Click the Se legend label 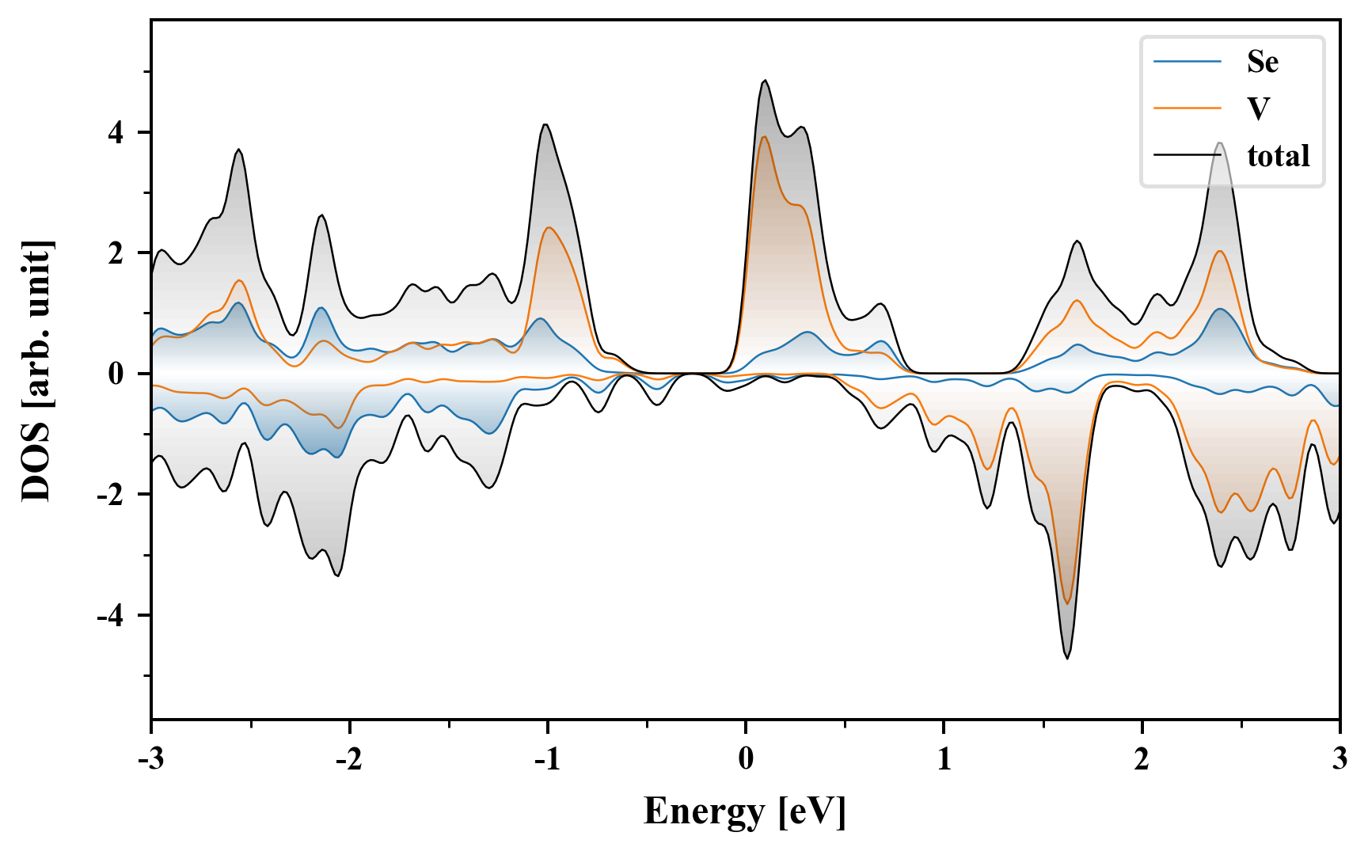pos(1262,62)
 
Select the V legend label pos(1258,108)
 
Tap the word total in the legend pos(1279,155)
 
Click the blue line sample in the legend pos(1187,62)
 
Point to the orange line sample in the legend pos(1187,108)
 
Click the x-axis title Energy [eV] pos(745,811)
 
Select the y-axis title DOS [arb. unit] pos(36,370)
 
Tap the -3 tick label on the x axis pos(150,758)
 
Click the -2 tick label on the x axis pos(348,758)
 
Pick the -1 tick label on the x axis pos(546,758)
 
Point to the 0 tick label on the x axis pos(746,758)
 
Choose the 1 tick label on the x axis pos(944,758)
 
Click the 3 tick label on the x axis pos(1339,758)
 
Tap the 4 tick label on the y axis pos(116,132)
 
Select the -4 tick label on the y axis pos(112,615)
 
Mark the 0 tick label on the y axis pos(116,374)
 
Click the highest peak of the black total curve pos(765,81)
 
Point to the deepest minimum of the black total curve pos(1067,658)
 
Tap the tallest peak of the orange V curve pos(764,137)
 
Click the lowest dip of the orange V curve pos(1067,604)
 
